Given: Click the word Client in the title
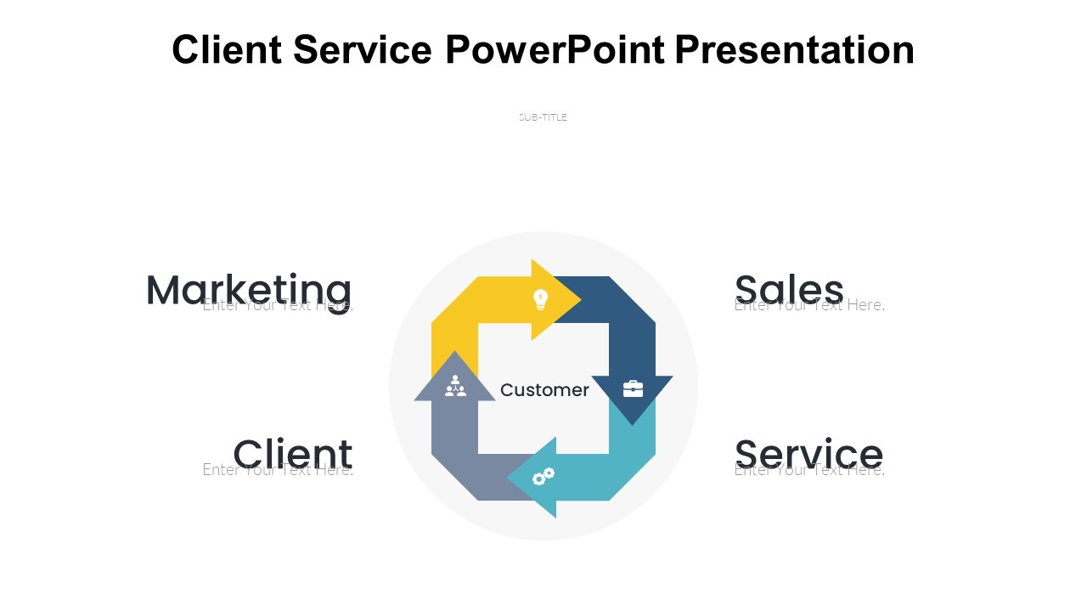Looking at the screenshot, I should tap(226, 49).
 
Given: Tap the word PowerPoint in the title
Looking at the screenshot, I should tap(555, 49).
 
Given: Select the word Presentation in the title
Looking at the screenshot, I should tap(795, 49).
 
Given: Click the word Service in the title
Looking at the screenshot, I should tap(363, 49).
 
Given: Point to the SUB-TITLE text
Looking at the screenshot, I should tap(543, 117).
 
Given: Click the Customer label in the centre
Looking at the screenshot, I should tap(544, 390).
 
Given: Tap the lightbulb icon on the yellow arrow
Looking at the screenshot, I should tap(540, 299).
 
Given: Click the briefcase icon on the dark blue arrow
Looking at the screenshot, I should tap(633, 388).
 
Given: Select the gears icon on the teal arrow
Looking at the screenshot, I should tap(543, 477).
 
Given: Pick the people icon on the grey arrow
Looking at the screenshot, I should tap(455, 386).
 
